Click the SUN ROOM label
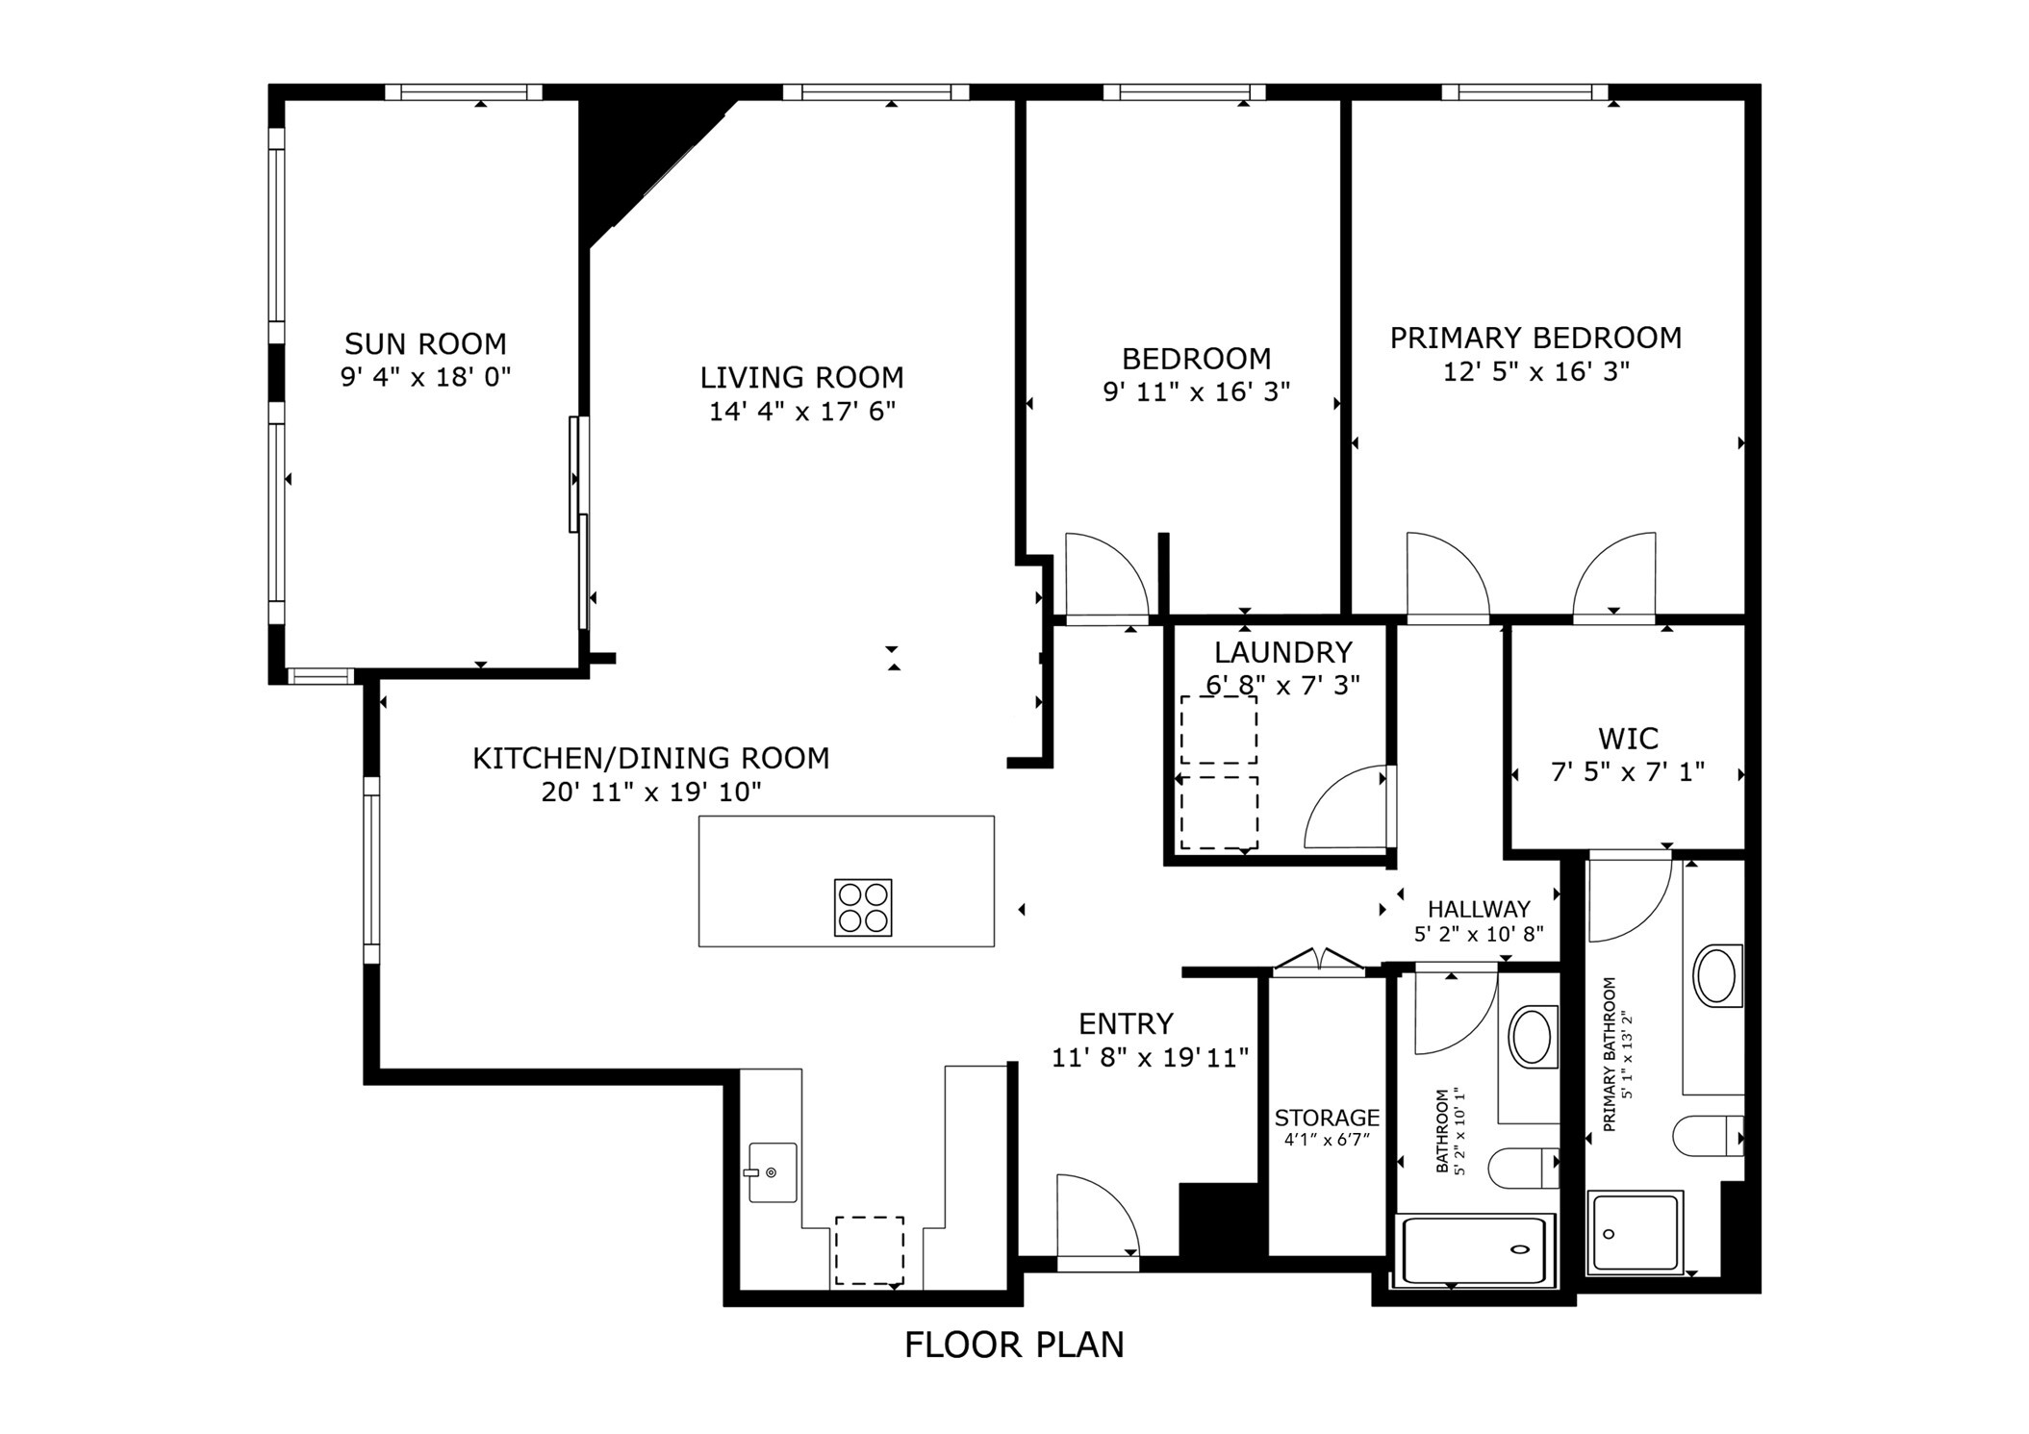pyautogui.click(x=425, y=343)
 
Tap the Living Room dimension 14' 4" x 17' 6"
pyautogui.click(x=801, y=412)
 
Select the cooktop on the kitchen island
pyautogui.click(x=862, y=907)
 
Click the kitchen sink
pyautogui.click(x=773, y=1172)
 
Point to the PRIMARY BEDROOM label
pyautogui.click(x=1535, y=338)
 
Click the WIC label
pyautogui.click(x=1628, y=739)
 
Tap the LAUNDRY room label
pyautogui.click(x=1282, y=652)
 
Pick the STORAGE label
pyautogui.click(x=1327, y=1118)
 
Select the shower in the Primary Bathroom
pyautogui.click(x=1635, y=1233)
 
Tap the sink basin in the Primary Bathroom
pyautogui.click(x=1715, y=976)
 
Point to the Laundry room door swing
pyautogui.click(x=1343, y=808)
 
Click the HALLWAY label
pyautogui.click(x=1478, y=909)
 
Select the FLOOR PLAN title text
pyautogui.click(x=1014, y=1345)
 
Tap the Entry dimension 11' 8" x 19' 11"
pyautogui.click(x=1150, y=1058)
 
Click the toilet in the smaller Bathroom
pyautogui.click(x=1521, y=1169)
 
